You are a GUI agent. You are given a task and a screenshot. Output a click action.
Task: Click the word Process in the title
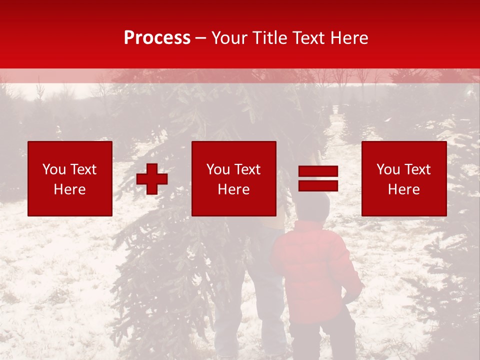pos(157,38)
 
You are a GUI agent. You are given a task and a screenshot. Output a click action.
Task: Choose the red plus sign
pos(152,179)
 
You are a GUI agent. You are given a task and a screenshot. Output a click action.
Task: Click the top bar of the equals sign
pos(318,171)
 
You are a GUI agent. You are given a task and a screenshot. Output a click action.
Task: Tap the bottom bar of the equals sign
pos(318,185)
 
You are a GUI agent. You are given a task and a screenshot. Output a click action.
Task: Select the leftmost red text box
pos(70,178)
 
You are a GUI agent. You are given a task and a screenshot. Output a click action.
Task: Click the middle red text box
pos(233,178)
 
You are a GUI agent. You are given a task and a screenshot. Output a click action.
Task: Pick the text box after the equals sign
pos(404,178)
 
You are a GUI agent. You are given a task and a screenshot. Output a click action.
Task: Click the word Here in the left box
pos(69,189)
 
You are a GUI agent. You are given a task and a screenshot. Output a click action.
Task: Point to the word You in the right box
pos(388,169)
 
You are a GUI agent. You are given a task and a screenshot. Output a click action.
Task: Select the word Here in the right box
pos(403,189)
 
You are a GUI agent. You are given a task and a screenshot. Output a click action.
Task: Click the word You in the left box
pos(54,169)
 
